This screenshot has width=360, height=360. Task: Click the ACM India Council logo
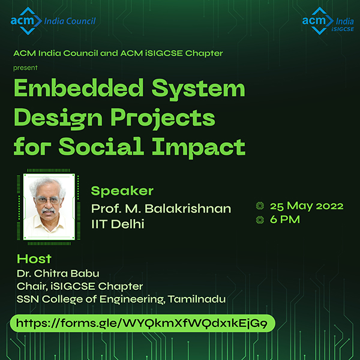click(53, 21)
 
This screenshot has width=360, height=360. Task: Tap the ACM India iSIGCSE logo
click(328, 21)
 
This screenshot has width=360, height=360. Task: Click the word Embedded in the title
click(79, 88)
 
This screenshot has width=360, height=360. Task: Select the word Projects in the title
click(163, 118)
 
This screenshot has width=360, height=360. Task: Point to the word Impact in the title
click(199, 147)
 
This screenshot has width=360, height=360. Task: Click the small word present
click(25, 68)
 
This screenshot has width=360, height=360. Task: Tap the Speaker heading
click(122, 191)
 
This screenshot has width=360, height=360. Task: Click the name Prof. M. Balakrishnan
click(161, 209)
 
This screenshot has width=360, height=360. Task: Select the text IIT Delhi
click(118, 224)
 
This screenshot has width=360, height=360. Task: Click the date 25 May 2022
click(307, 206)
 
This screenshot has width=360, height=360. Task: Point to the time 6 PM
click(285, 220)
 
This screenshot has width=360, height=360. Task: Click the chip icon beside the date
click(260, 206)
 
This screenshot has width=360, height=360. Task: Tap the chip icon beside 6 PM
click(260, 220)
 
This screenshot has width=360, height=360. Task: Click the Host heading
click(34, 259)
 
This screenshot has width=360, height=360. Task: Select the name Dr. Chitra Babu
click(58, 273)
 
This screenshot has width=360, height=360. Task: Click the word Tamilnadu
click(197, 299)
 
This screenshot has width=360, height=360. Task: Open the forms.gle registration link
click(143, 323)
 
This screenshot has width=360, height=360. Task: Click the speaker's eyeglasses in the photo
click(47, 200)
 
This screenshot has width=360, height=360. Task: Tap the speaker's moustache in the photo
click(48, 210)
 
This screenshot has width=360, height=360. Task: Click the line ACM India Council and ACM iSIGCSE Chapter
click(118, 53)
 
